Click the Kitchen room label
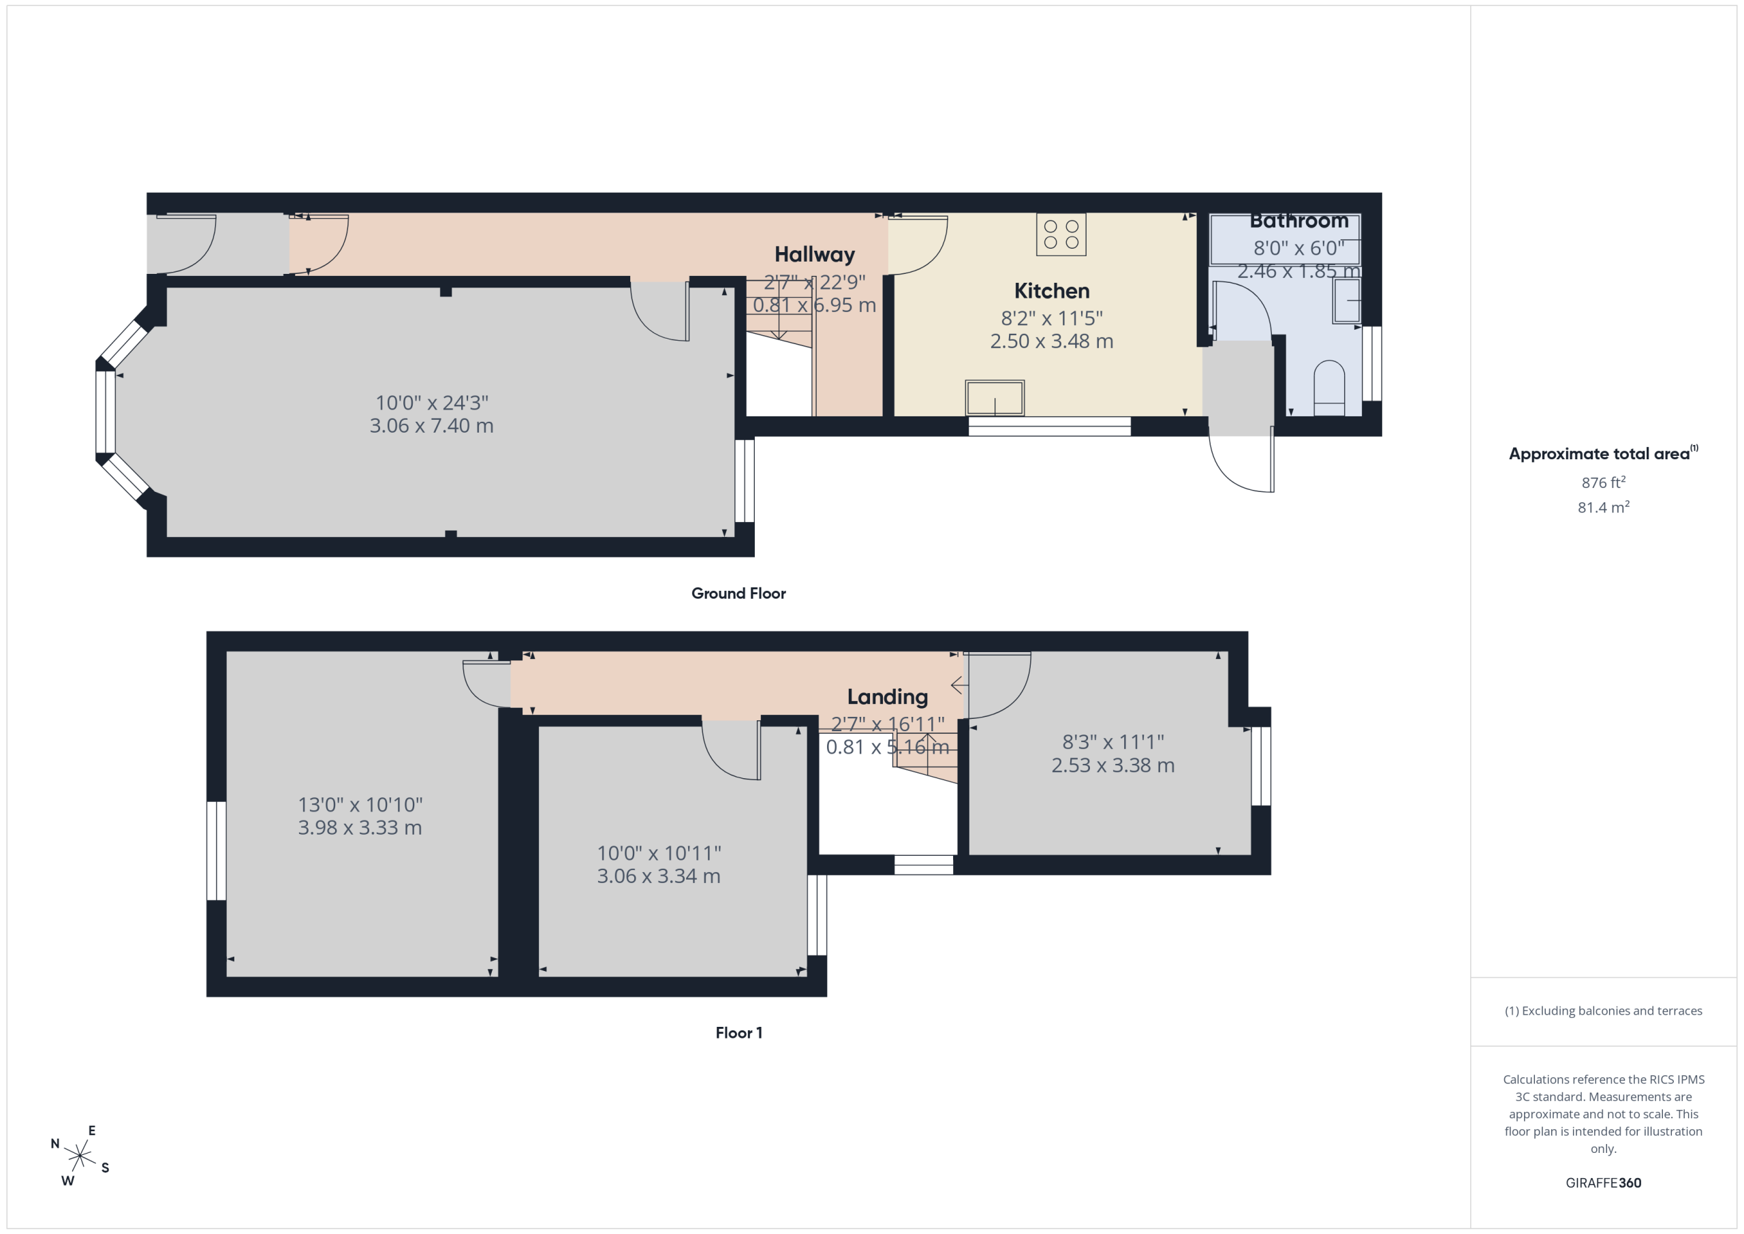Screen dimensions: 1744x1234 click(1051, 291)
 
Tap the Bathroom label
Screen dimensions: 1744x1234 click(1299, 221)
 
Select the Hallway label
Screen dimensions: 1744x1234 click(814, 255)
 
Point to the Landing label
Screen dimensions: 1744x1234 click(887, 697)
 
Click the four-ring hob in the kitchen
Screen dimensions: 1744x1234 click(1061, 234)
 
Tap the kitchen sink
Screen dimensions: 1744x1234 click(995, 398)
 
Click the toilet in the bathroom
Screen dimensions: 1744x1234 click(1328, 388)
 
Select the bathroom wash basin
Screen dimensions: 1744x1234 click(1347, 301)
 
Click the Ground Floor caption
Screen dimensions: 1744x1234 click(738, 593)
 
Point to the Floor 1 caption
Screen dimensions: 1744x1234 click(738, 1032)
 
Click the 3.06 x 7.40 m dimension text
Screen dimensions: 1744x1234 click(431, 425)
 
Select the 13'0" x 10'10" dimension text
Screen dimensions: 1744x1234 click(360, 804)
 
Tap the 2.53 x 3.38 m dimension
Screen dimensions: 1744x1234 click(1112, 765)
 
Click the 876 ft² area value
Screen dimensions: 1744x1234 click(1603, 482)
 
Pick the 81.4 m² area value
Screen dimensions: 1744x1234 click(1603, 507)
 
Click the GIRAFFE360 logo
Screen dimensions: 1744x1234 click(1603, 1182)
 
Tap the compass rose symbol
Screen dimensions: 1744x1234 click(80, 1156)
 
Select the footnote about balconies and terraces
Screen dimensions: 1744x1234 click(1603, 1011)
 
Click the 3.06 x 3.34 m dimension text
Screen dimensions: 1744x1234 click(659, 876)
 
